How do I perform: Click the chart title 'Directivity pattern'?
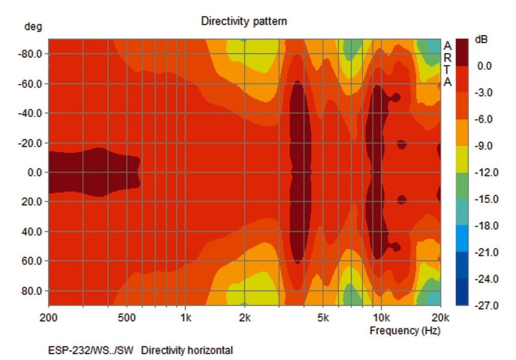(244, 21)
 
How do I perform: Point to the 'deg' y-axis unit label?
(33, 27)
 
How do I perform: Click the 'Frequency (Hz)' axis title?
(405, 331)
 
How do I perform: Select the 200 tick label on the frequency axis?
(48, 318)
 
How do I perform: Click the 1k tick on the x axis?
(185, 318)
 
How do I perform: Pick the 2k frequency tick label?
(244, 318)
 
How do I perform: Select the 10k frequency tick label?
(381, 318)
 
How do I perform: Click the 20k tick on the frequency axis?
(440, 318)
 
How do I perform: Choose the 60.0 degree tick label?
(33, 261)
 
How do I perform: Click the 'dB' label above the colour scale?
(482, 40)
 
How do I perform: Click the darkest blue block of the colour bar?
(462, 292)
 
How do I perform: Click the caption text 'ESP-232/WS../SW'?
(91, 350)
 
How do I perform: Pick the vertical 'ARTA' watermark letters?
(447, 64)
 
